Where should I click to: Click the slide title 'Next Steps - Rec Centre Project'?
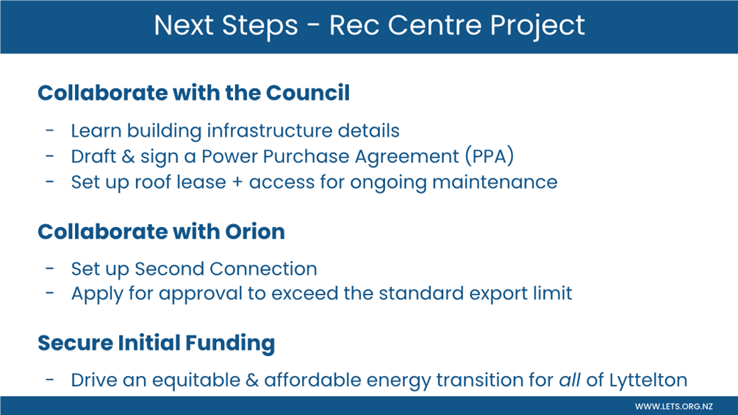point(369,25)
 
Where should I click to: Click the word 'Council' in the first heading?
point(308,93)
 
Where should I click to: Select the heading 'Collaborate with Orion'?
point(162,231)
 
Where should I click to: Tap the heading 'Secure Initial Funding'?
point(157,343)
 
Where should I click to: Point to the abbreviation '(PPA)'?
point(490,156)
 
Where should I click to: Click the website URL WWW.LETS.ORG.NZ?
point(673,406)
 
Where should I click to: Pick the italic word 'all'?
point(570,380)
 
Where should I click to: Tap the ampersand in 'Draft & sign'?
point(128,156)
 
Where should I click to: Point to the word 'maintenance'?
point(495,182)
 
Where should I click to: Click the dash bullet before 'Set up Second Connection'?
point(50,269)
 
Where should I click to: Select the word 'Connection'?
point(263,269)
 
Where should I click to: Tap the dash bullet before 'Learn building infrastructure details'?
point(50,131)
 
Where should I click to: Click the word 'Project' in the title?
point(537,26)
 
